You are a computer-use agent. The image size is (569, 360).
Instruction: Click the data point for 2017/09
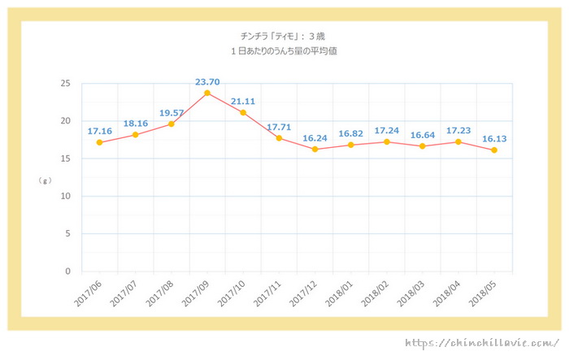(207, 93)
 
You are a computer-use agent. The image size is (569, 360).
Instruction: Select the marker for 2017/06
(99, 142)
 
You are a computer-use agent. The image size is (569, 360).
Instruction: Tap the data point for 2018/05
(493, 150)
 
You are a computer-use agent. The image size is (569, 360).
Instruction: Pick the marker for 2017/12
(315, 150)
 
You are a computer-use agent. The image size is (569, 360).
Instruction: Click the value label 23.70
(207, 81)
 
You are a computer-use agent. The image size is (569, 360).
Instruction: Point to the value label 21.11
(243, 101)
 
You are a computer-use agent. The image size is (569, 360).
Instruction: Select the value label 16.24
(315, 137)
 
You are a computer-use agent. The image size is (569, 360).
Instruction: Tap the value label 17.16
(99, 130)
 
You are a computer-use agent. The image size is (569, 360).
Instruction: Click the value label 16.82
(350, 132)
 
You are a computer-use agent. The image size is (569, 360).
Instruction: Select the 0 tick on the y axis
(68, 271)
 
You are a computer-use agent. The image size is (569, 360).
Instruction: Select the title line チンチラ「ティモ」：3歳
(284, 36)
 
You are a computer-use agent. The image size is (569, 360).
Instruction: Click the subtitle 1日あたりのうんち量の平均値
(284, 51)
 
